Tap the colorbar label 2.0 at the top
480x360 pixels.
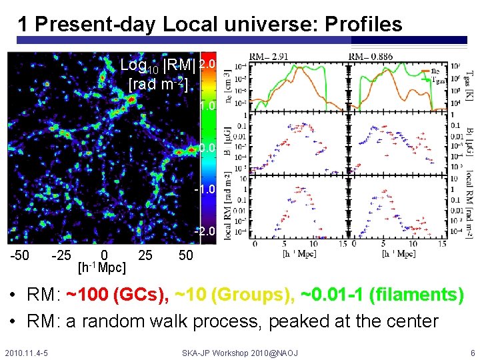coord(207,64)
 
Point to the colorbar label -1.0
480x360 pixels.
coord(205,189)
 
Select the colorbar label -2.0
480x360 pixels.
coord(205,231)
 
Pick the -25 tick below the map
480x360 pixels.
coord(63,256)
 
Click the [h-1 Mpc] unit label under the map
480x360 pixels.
coord(102,268)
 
